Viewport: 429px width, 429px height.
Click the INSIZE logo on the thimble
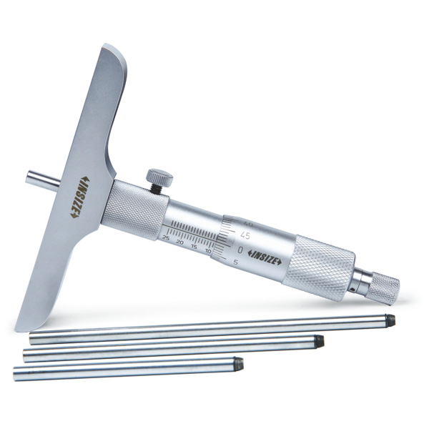[265, 257]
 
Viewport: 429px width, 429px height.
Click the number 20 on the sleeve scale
[180, 242]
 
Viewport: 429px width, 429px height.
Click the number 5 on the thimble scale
[237, 264]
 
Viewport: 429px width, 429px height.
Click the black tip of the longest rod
[390, 319]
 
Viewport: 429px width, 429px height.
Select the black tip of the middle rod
[319, 342]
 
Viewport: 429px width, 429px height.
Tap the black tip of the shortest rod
[240, 364]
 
